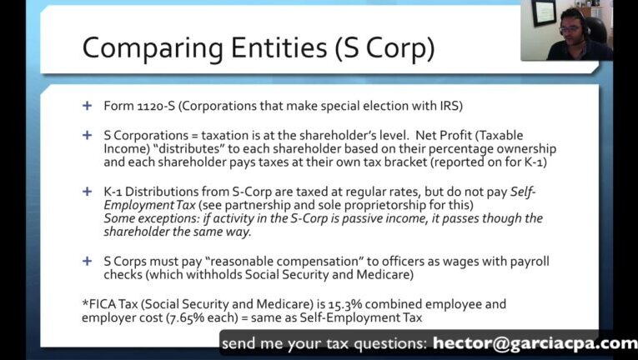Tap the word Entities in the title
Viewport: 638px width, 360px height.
coord(279,47)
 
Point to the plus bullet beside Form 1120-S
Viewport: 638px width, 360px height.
coord(87,106)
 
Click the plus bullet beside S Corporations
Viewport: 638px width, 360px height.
coord(87,135)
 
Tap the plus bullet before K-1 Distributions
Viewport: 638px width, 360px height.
coord(87,191)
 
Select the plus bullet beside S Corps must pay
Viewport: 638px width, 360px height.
coord(87,261)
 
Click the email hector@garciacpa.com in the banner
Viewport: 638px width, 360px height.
coord(535,343)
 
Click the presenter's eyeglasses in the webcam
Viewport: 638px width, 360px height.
coord(570,30)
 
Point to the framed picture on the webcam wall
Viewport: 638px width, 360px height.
coord(544,12)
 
